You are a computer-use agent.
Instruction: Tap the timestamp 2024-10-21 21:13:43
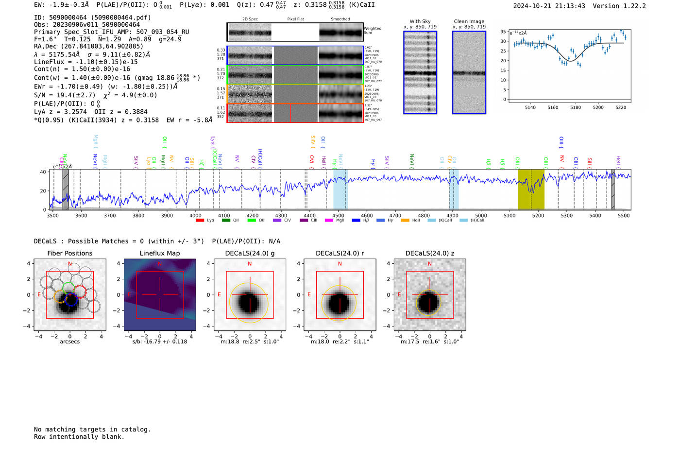pos(549,6)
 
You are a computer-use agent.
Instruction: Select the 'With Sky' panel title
pos(420,21)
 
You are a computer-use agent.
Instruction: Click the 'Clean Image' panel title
pos(469,21)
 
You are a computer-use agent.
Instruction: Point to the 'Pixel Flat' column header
pos(295,19)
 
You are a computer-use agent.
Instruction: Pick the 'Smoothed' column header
pos(340,19)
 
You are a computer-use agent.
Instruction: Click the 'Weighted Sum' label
pos(373,31)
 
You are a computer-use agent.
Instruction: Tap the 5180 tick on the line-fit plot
pos(576,107)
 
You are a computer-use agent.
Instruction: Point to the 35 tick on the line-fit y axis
pos(503,32)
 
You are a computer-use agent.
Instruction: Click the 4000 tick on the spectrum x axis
pos(195,215)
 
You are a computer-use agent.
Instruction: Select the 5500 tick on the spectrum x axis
pos(624,215)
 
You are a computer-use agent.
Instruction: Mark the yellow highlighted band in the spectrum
pos(530,189)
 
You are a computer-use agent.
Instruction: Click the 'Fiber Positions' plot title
pos(69,253)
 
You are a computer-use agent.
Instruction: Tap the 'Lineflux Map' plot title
pos(159,253)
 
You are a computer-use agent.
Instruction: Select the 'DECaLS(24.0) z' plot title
pos(430,253)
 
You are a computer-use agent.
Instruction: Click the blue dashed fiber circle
pos(71,300)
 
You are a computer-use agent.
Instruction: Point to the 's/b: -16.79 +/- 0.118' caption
pos(159,342)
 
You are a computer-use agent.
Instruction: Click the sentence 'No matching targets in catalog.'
pos(92,429)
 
